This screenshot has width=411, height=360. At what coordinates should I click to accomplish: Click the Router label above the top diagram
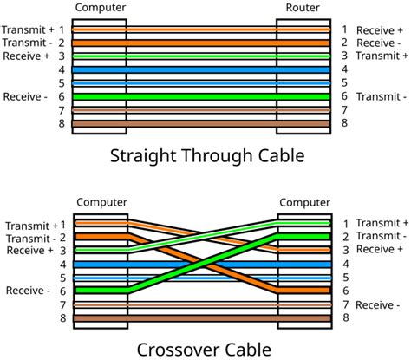pos(303,7)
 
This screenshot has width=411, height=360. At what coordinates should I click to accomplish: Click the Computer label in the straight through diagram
pos(101,7)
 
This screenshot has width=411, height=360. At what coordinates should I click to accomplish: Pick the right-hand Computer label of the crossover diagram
pos(303,203)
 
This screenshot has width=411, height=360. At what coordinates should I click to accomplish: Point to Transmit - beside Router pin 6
pos(379,97)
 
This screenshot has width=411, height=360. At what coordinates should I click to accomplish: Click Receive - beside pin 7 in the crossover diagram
pos(379,305)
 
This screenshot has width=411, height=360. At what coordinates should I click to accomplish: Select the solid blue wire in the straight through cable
pos(201,69)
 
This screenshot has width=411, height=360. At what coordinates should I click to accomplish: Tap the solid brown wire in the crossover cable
pos(201,319)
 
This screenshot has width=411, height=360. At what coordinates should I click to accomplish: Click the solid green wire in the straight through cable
pos(201,97)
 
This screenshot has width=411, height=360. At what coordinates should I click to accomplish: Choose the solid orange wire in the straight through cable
pos(201,42)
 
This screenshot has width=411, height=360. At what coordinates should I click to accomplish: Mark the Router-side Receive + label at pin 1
pos(379,29)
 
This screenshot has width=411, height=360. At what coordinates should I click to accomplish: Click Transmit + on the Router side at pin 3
pos(380,56)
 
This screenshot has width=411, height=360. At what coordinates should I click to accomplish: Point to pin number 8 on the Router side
pos(344,124)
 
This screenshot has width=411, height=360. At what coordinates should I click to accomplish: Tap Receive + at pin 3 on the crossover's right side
pos(379,250)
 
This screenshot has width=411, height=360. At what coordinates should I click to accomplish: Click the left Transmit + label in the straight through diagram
pos(29,29)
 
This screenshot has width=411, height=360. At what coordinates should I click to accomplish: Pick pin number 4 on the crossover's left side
pos(62,264)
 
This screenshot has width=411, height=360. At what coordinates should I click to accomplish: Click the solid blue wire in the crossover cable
pos(201,264)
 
